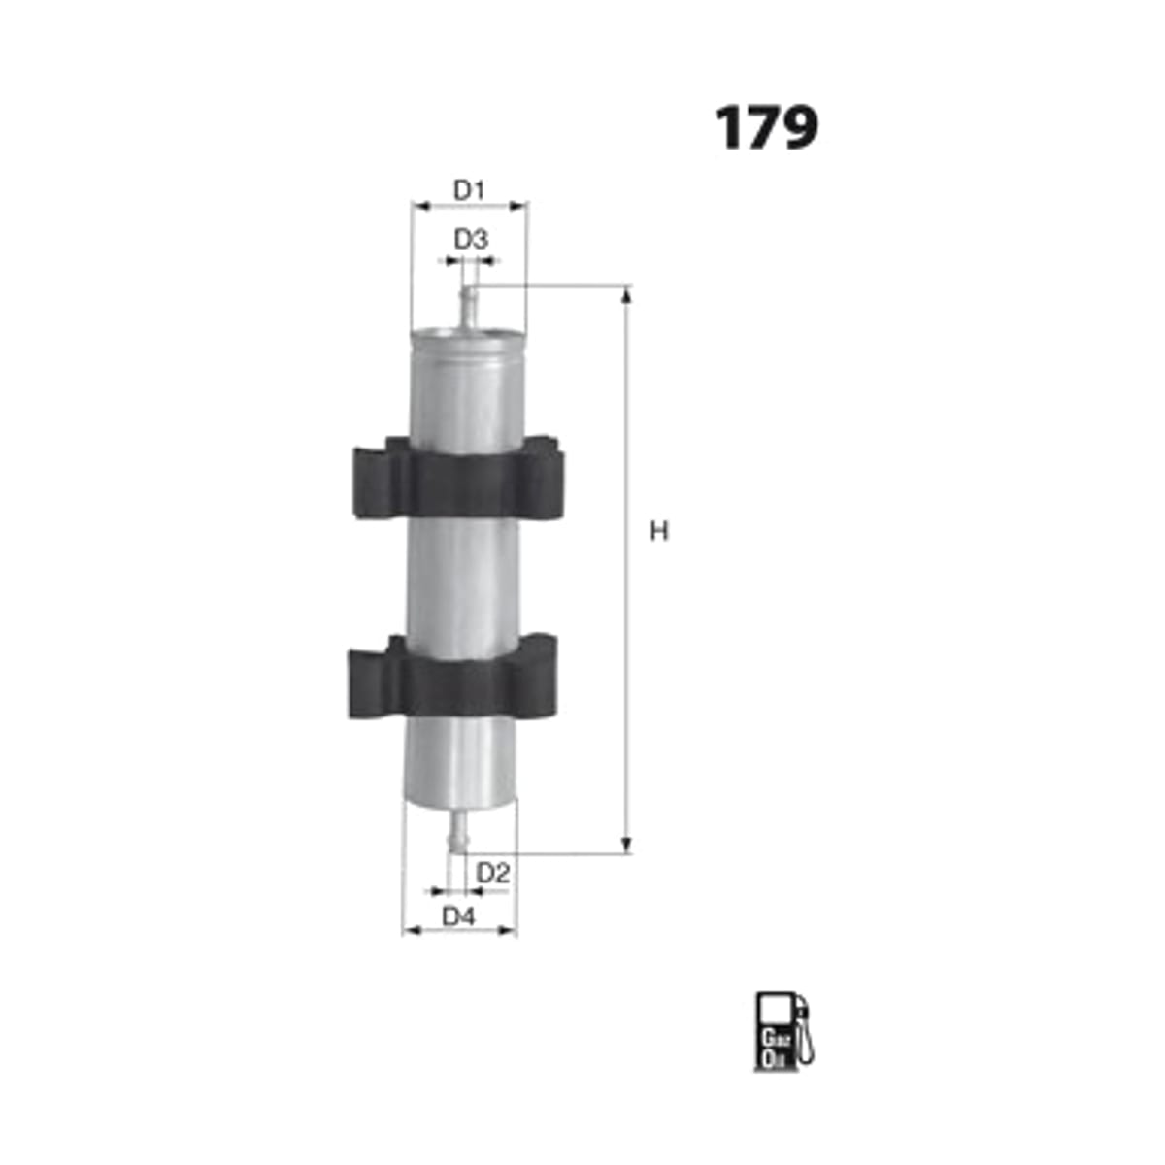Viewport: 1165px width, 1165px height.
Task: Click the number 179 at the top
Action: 767,127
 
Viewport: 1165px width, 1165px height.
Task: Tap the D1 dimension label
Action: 469,190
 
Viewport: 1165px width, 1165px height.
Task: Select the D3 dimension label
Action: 471,240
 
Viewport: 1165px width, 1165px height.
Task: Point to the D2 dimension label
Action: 493,873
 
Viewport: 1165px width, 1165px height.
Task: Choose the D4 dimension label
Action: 459,916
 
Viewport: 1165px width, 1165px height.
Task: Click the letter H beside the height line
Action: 658,531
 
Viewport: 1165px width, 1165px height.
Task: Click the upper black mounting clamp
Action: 459,478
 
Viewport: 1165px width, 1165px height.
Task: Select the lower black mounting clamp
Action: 452,677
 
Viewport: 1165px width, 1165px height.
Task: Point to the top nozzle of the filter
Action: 469,307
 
